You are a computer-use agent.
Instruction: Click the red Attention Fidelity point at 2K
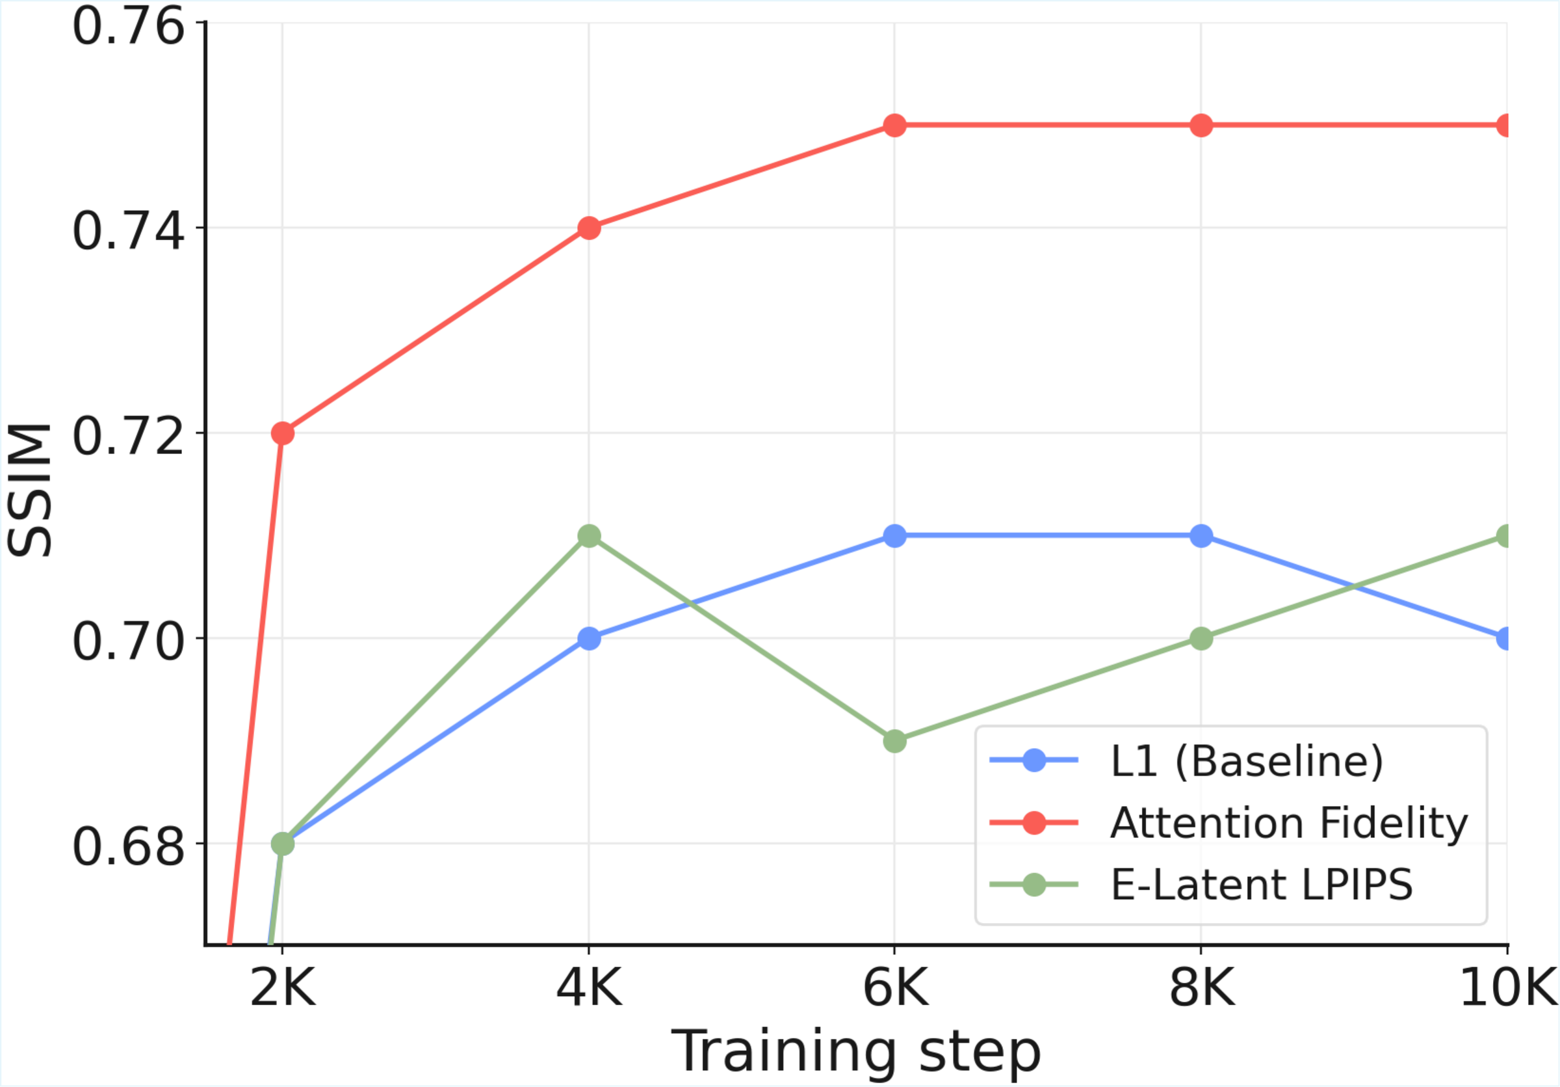coord(283,433)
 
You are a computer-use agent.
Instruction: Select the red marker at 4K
coord(589,228)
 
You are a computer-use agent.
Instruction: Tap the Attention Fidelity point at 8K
coord(1201,125)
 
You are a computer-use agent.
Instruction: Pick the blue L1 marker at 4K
coord(589,638)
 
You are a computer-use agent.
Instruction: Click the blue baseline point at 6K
coord(895,535)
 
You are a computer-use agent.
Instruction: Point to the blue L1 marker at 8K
coord(1201,535)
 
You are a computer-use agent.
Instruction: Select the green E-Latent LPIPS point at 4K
coord(589,535)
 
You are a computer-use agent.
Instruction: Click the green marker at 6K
coord(895,741)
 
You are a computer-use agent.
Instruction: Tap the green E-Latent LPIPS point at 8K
coord(1201,638)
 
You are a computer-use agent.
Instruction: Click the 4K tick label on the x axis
coord(589,987)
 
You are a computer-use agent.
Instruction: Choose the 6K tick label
coord(895,987)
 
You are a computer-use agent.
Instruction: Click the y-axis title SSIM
coord(30,490)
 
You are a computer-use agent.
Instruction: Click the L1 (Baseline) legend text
coord(1247,760)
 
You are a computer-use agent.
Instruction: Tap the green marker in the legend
coord(1034,885)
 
